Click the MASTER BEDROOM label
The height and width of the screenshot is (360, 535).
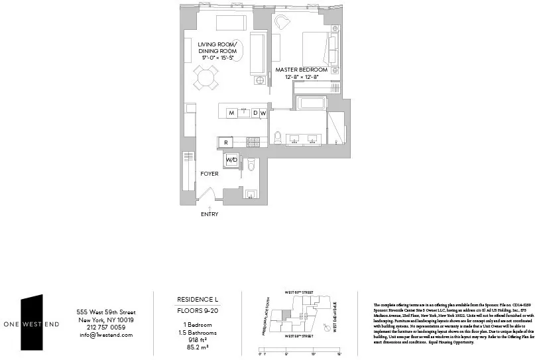tap(302, 70)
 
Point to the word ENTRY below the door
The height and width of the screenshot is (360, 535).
tap(209, 214)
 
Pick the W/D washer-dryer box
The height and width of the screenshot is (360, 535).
tap(231, 160)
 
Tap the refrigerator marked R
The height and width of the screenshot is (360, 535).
tap(226, 142)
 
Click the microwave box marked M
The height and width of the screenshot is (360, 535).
tap(232, 113)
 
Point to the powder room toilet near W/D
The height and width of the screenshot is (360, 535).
tap(251, 164)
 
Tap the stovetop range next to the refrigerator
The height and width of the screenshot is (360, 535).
tap(253, 142)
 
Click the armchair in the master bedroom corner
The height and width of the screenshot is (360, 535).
tap(282, 23)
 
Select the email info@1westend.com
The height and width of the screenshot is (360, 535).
tap(105, 335)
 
